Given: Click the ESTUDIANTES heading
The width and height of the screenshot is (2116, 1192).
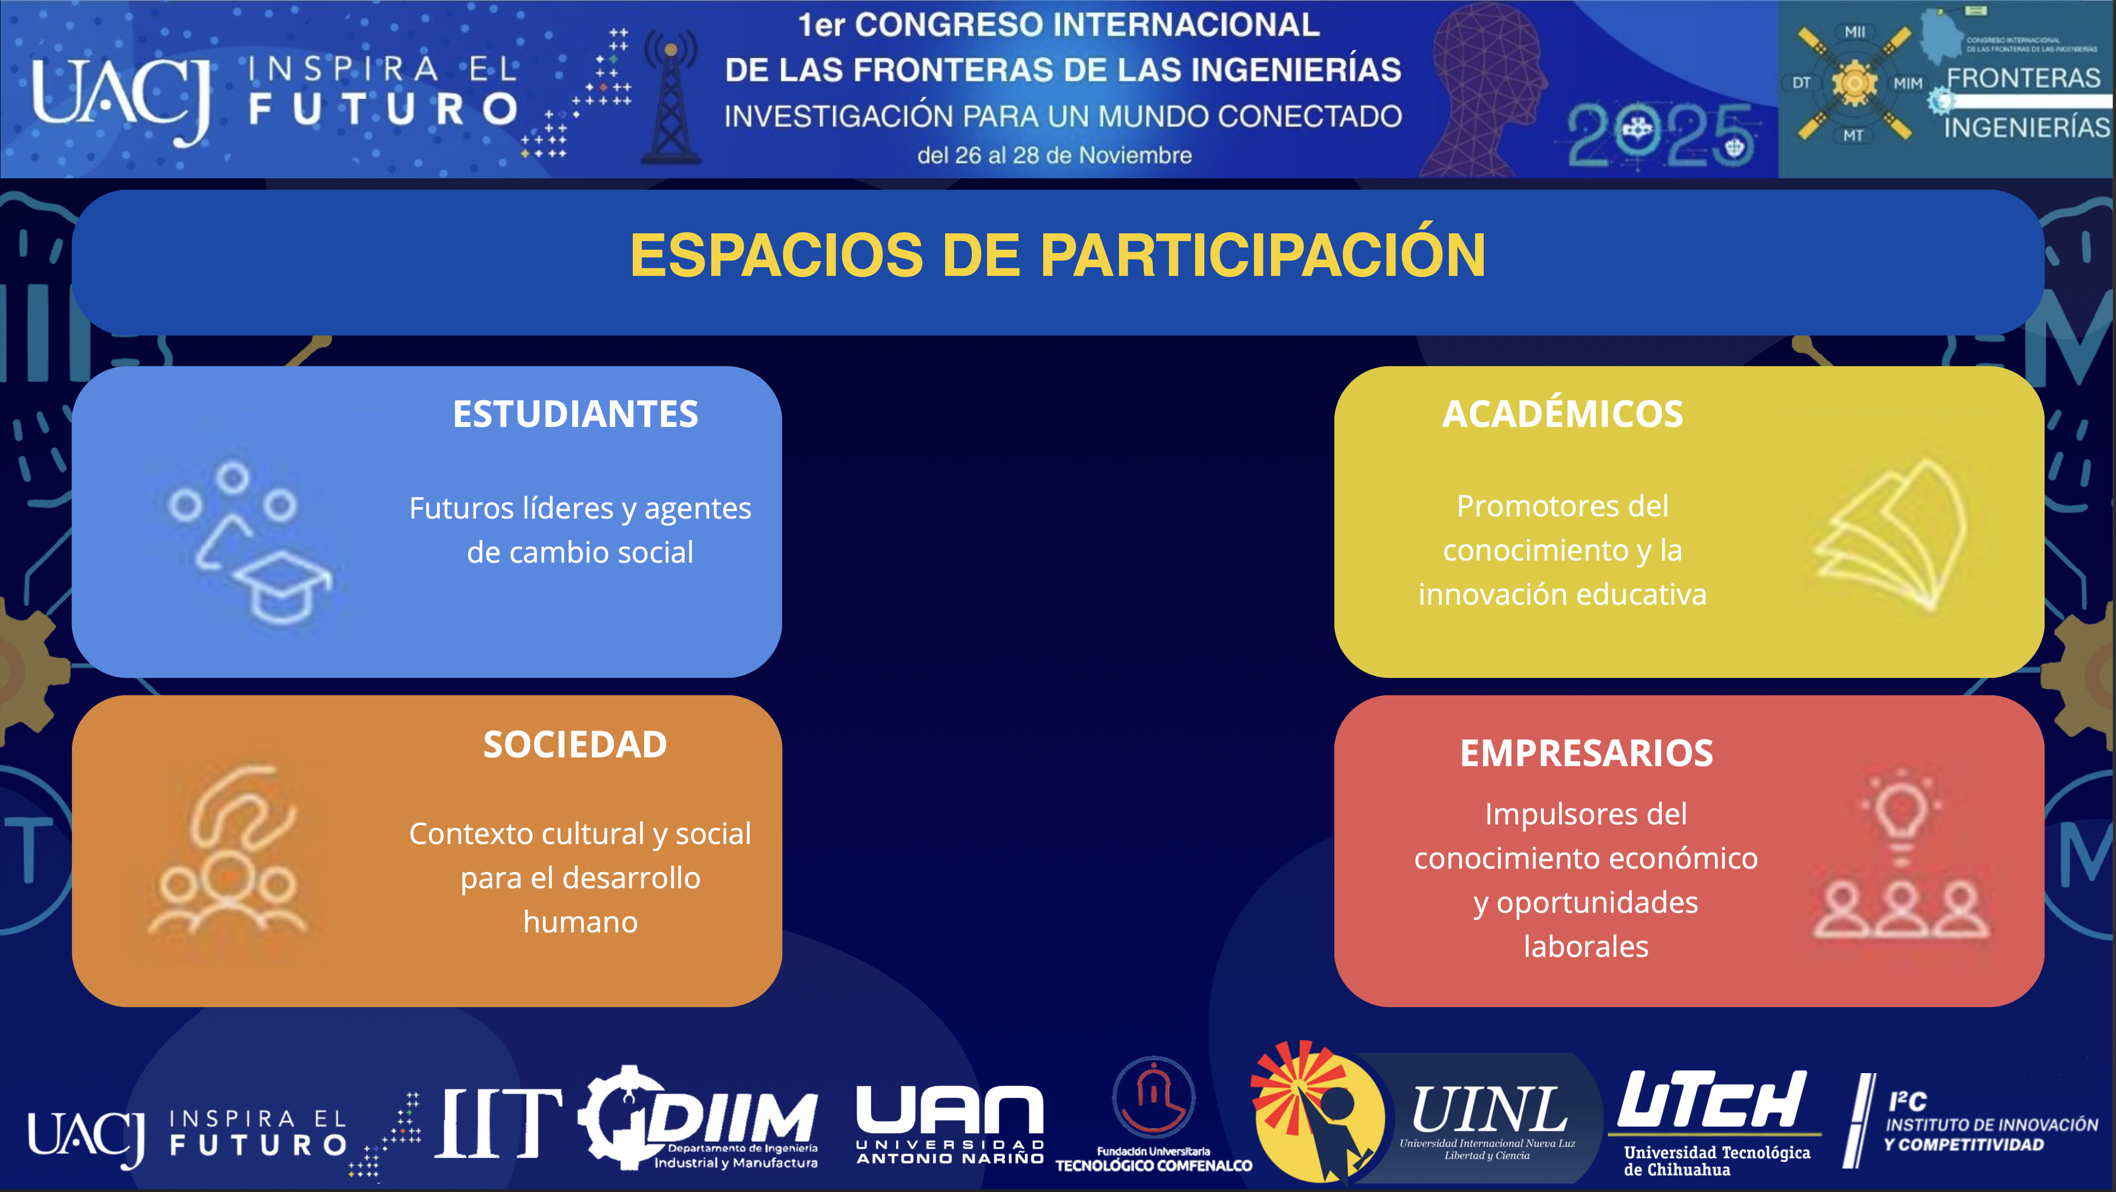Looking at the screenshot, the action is [575, 414].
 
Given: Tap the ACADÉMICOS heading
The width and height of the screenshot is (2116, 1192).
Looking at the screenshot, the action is [1562, 413].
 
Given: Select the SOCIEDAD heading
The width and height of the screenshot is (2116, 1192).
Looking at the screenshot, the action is [575, 745].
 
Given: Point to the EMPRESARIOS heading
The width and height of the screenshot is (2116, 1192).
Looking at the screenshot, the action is [1586, 754].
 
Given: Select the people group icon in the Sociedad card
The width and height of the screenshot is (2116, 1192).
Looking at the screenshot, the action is [227, 892].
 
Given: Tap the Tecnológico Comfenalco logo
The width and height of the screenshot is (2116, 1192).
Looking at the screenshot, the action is [1153, 1115].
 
